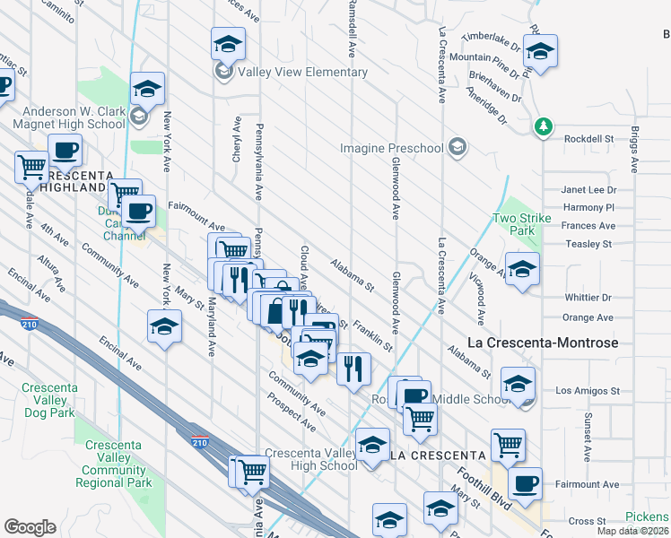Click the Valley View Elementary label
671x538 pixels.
291,72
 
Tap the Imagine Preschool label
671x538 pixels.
391,148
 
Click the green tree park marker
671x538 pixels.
542,126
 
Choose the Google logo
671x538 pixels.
30,527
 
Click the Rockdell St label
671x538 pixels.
588,139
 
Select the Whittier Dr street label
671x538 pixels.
587,298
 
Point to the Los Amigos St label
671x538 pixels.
588,391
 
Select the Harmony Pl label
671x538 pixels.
588,208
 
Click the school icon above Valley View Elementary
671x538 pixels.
228,44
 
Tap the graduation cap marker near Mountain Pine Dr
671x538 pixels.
540,51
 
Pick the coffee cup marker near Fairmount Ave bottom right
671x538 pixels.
525,484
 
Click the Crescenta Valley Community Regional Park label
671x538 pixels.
114,464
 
